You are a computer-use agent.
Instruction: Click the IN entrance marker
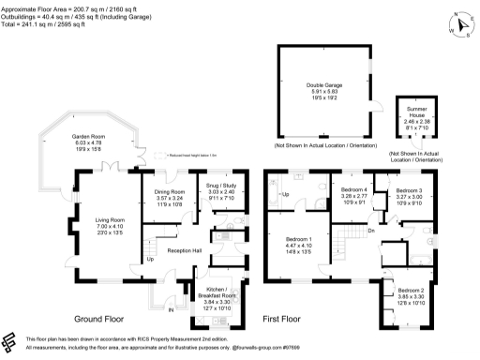171,308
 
